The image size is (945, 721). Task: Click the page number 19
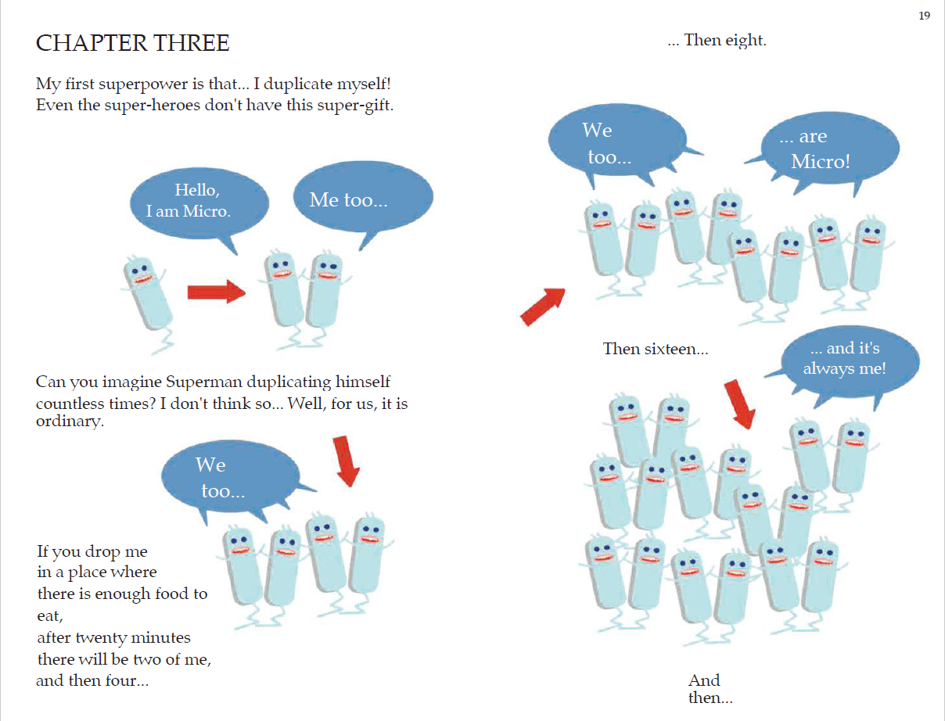[x=924, y=16]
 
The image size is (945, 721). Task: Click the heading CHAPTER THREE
[x=133, y=43]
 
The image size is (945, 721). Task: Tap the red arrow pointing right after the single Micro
[x=217, y=292]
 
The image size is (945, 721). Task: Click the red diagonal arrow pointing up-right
[x=543, y=307]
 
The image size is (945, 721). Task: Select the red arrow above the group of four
[x=347, y=461]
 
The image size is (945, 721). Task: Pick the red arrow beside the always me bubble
[x=739, y=404]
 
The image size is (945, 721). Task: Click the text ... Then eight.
[x=717, y=40]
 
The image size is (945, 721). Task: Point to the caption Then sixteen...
[x=656, y=349]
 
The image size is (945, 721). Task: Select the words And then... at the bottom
[x=710, y=689]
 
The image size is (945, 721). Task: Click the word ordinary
[x=70, y=421]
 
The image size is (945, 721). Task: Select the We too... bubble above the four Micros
[x=230, y=478]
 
